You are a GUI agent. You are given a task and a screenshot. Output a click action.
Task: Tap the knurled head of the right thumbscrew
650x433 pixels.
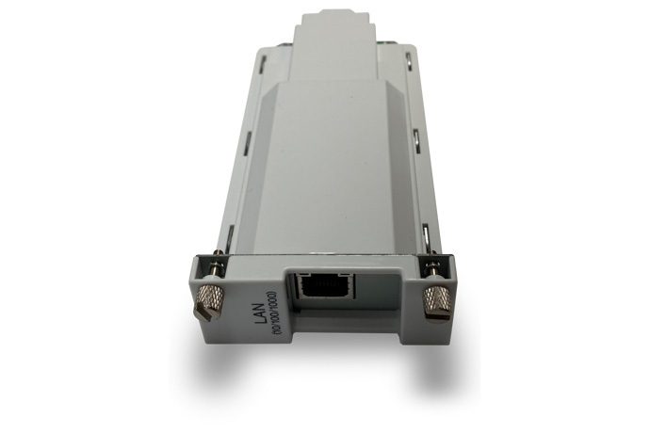(436, 298)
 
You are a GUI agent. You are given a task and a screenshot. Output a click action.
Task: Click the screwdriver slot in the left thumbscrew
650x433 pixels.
(204, 309)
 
